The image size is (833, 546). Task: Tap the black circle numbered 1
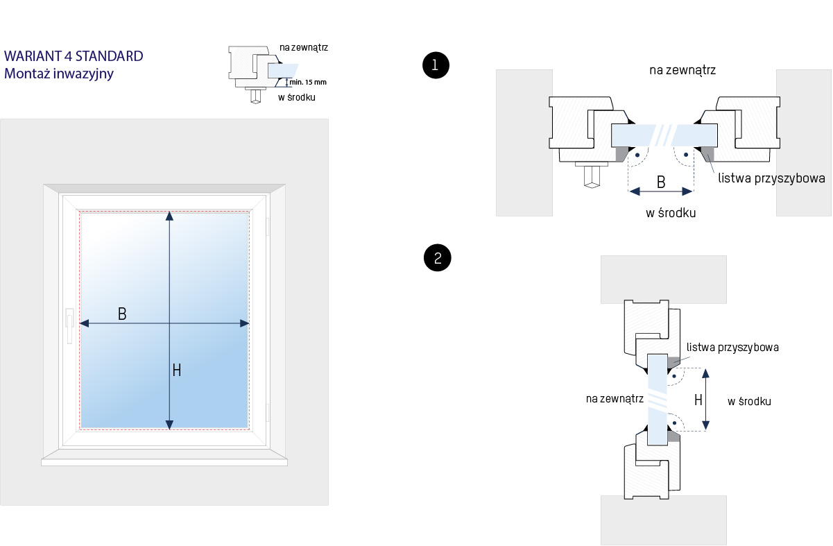(436, 65)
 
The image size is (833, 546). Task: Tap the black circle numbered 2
(437, 258)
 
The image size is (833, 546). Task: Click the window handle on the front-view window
(69, 325)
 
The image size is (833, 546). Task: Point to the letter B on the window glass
(122, 314)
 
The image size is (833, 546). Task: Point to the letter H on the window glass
(177, 370)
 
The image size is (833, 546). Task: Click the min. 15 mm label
(308, 82)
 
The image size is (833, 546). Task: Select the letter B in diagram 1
(661, 182)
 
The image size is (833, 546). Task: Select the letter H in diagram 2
(698, 400)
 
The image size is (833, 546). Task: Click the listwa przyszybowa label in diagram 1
(771, 178)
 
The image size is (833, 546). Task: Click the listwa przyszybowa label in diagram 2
(732, 347)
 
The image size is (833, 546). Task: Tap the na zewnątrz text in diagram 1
(682, 70)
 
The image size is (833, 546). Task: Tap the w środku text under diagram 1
(671, 213)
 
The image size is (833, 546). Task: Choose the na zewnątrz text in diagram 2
(615, 398)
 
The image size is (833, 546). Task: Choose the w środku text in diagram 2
(749, 401)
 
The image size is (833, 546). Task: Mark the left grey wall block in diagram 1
(524, 142)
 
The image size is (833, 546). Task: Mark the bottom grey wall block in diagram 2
(663, 520)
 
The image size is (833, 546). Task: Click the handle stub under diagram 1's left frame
(592, 176)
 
